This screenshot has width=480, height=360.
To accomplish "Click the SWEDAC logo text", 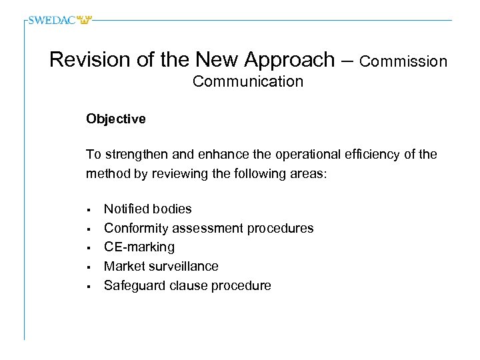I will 52,20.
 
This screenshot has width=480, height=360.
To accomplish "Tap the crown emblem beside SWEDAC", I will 84,20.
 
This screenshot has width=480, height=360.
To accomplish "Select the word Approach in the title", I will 289,60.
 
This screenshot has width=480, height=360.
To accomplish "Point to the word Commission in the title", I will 403,61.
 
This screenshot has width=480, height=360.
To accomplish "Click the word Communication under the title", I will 247,81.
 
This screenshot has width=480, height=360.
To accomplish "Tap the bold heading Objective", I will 115,119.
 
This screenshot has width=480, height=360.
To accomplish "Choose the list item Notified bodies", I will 147,209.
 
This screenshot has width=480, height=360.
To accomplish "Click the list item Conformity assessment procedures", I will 208,228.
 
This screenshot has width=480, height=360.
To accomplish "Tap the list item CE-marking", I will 139,247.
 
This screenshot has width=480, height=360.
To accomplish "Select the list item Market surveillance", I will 161,266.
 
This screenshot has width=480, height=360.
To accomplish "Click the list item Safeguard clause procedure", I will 187,285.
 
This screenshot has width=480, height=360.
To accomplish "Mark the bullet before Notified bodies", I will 88,209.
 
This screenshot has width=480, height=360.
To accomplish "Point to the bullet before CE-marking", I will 88,248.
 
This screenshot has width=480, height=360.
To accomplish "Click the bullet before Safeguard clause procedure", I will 88,287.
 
